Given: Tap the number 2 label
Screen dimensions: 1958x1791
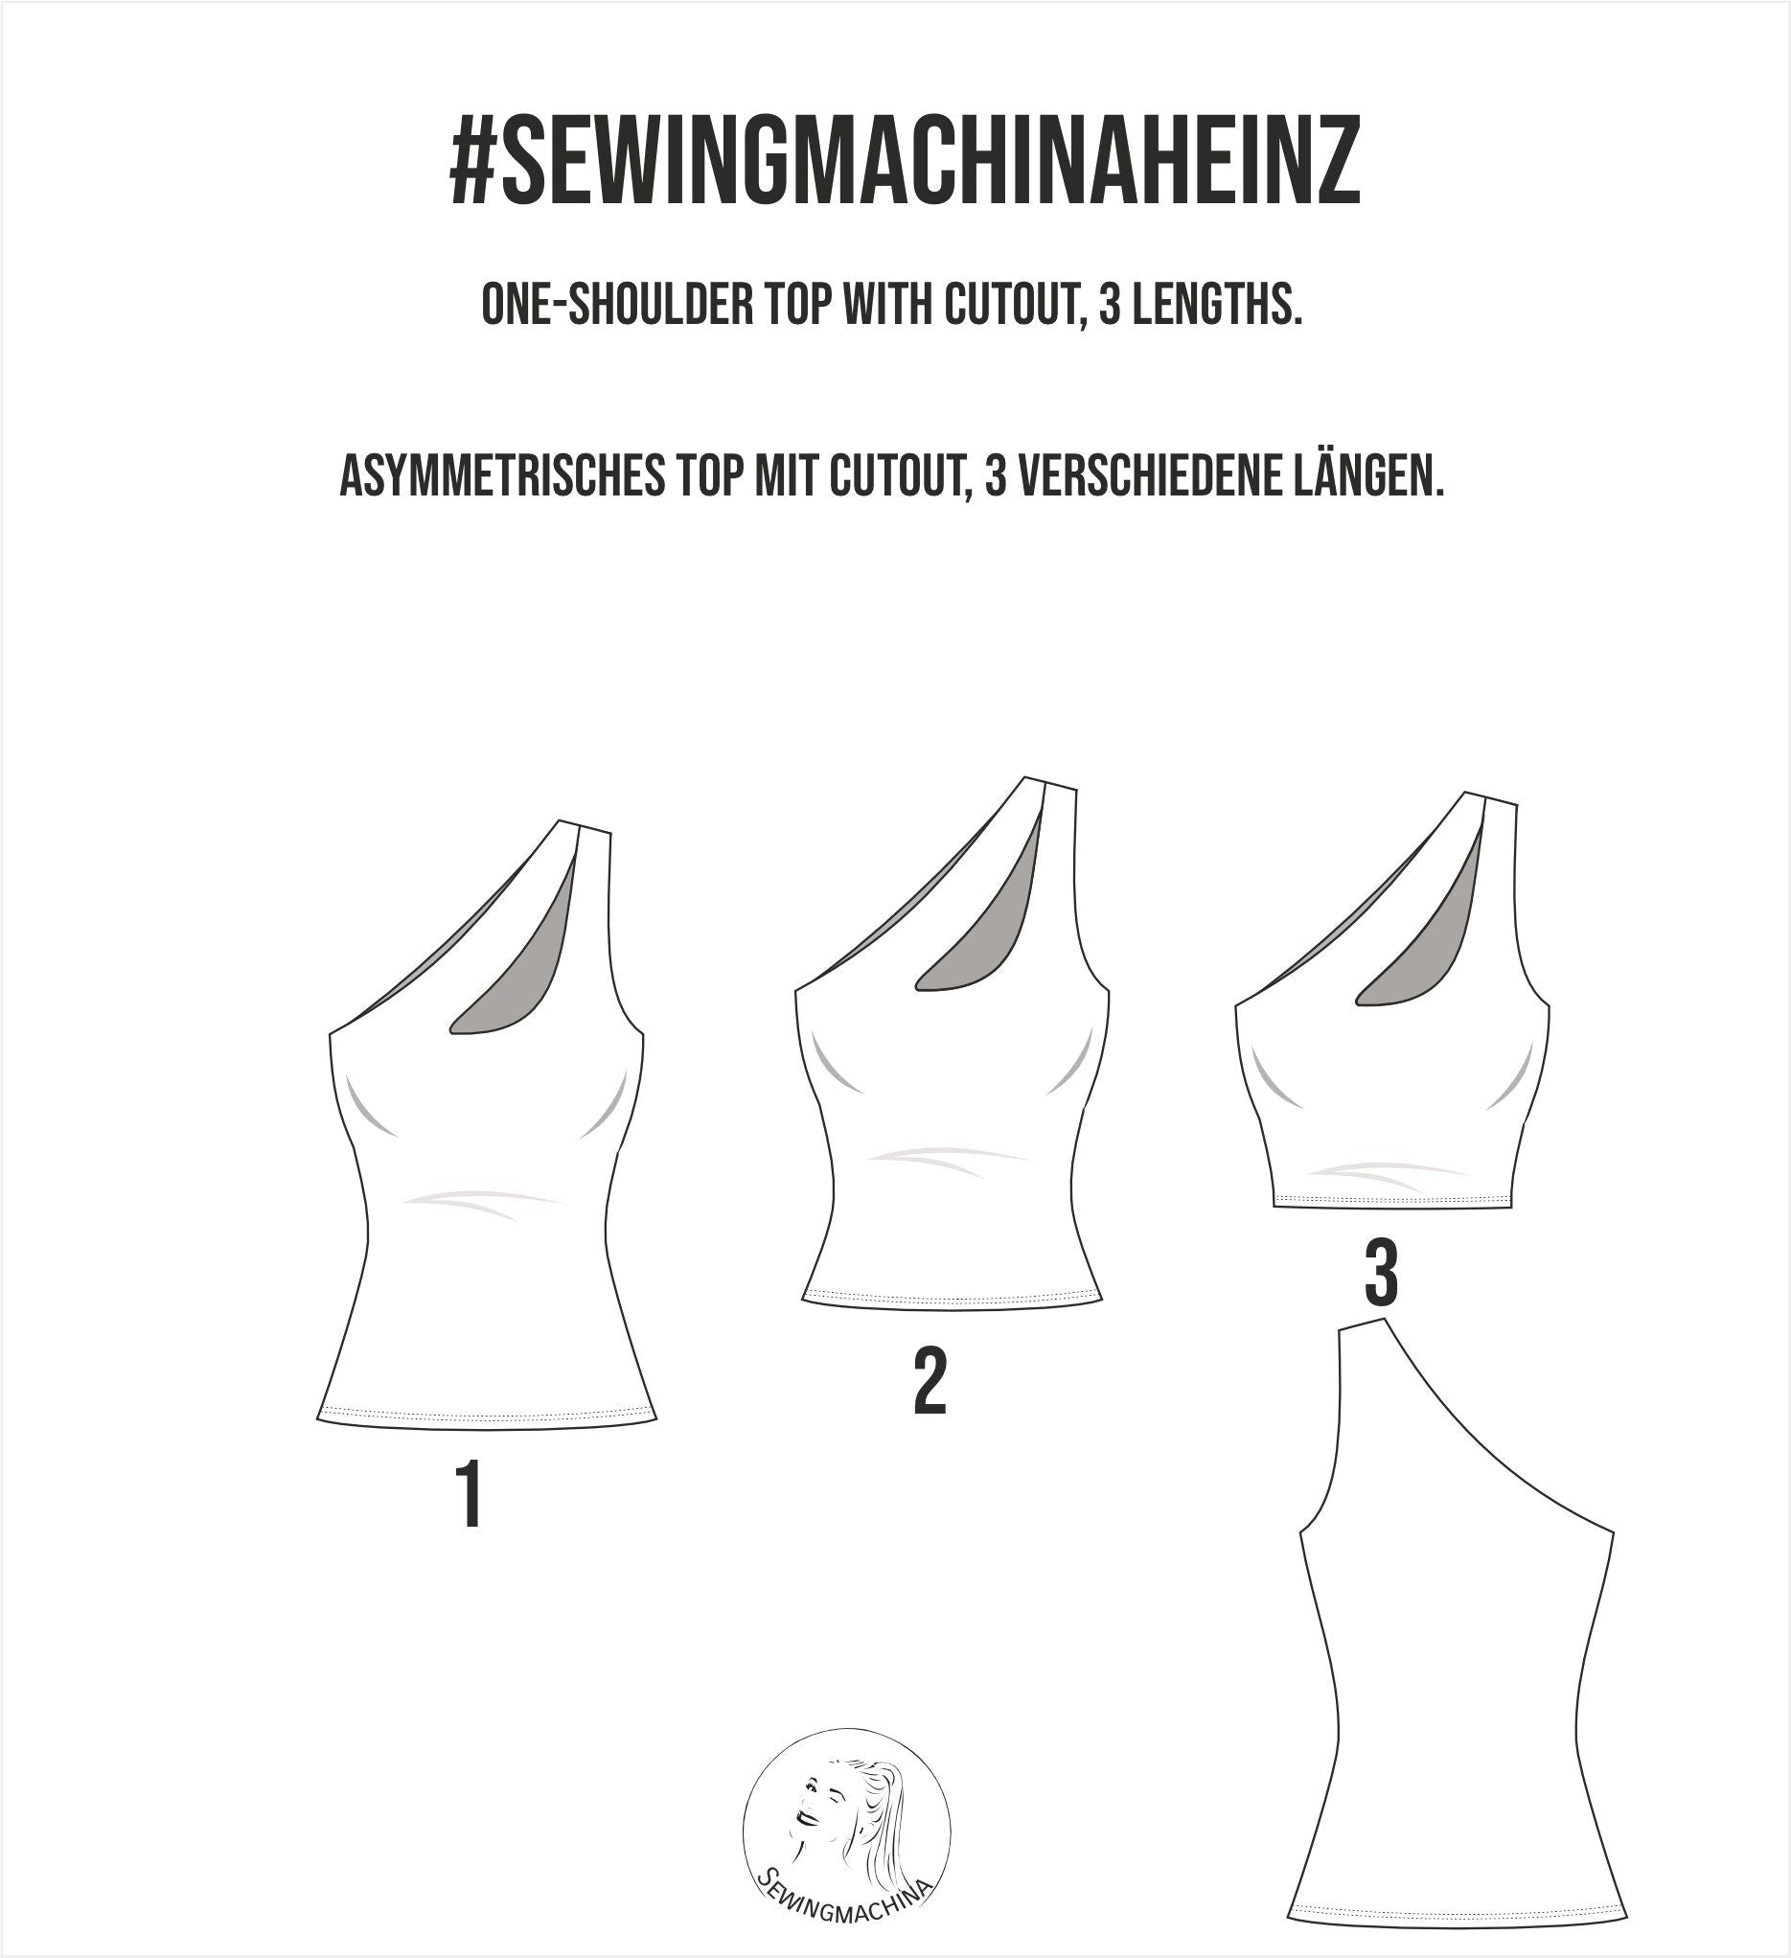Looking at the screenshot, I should click(930, 1383).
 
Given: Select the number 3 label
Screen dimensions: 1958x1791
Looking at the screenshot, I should click(1380, 1277).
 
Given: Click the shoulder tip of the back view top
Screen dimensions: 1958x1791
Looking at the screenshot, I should click(1360, 1326).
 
